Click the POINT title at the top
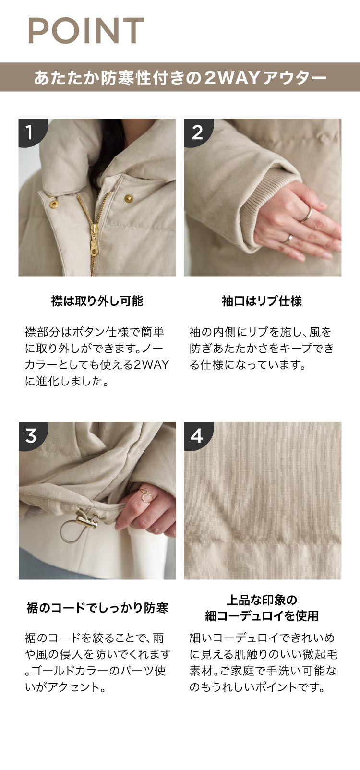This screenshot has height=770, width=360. (85, 31)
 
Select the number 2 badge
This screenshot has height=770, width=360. (197, 132)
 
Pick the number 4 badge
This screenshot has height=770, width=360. (197, 435)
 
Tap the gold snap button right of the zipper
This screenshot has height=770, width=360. (129, 198)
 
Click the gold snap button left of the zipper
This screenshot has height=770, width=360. (53, 205)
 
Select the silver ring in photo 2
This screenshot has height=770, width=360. (288, 238)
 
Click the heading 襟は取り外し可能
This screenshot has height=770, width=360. (97, 301)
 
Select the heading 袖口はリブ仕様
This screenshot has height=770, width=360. (262, 301)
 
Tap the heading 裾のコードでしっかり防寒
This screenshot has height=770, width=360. (97, 608)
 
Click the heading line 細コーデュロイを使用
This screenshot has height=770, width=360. (262, 616)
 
